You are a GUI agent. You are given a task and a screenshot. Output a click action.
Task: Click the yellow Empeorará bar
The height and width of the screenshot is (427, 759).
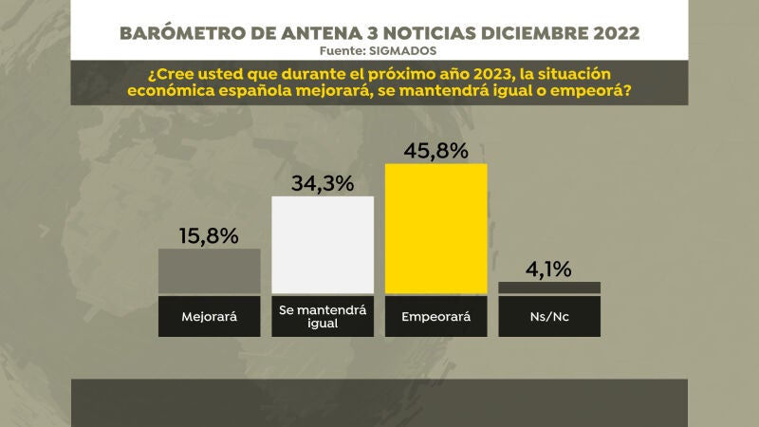[x=435, y=228]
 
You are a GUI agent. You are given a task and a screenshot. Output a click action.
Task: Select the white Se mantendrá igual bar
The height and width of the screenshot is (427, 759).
[x=323, y=245]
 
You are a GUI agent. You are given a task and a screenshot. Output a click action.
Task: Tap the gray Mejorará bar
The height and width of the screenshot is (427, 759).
[x=209, y=270]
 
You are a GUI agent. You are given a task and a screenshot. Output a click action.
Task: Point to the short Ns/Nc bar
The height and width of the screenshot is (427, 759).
[x=549, y=288]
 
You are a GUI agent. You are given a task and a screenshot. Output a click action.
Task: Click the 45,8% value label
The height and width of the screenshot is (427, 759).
[x=435, y=150]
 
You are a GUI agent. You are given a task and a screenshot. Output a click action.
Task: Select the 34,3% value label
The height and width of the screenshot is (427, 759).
[x=323, y=182]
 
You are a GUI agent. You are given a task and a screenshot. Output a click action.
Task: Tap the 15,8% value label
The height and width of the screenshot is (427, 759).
[x=209, y=234]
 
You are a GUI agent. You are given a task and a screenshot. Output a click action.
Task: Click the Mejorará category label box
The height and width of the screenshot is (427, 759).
[x=209, y=316]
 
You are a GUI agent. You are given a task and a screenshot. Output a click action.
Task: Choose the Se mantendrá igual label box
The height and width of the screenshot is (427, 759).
[x=323, y=316]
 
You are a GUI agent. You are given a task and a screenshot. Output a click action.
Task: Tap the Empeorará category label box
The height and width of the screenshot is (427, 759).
[x=435, y=316]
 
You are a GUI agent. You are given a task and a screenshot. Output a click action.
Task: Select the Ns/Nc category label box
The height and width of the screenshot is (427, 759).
[x=549, y=316]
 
